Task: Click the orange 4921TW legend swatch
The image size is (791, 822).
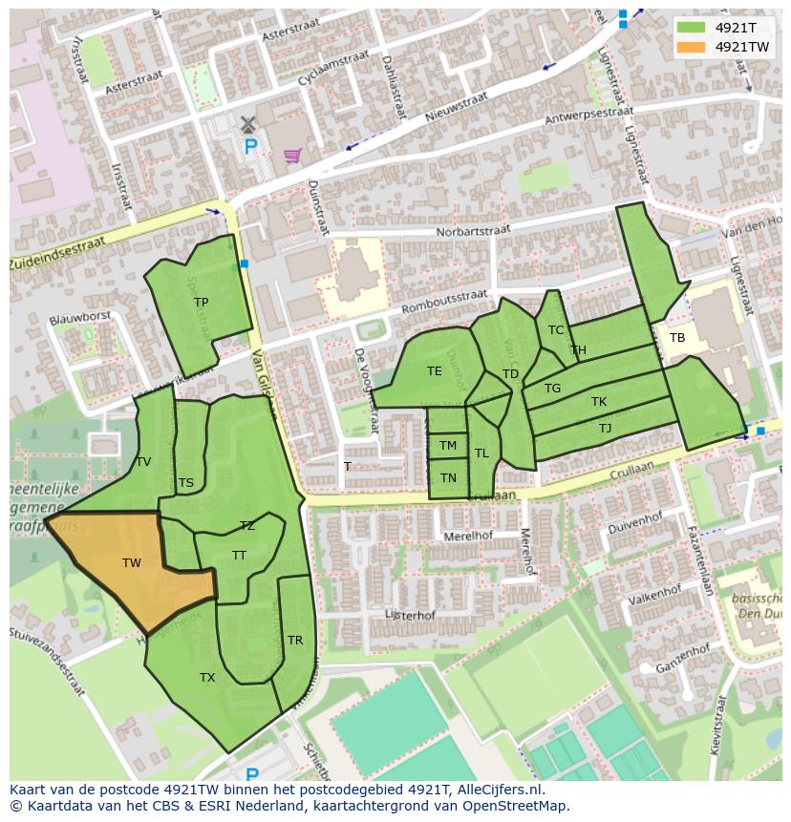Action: (694, 47)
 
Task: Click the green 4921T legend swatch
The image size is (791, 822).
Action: (694, 27)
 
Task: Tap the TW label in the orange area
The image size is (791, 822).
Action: (132, 563)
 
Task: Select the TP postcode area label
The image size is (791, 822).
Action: (201, 303)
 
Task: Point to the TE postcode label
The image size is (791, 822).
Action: (435, 371)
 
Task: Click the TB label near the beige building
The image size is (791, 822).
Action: (677, 338)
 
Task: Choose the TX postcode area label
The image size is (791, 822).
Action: (207, 678)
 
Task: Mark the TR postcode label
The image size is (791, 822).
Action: (295, 641)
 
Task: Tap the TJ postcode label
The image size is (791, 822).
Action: (605, 429)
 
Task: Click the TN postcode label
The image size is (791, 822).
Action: (448, 478)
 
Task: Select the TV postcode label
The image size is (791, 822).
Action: (143, 462)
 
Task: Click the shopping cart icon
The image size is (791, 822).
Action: (292, 155)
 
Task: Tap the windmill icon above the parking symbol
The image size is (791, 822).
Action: (248, 124)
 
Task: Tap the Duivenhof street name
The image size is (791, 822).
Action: (635, 523)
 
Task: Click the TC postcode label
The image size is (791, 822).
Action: (556, 330)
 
